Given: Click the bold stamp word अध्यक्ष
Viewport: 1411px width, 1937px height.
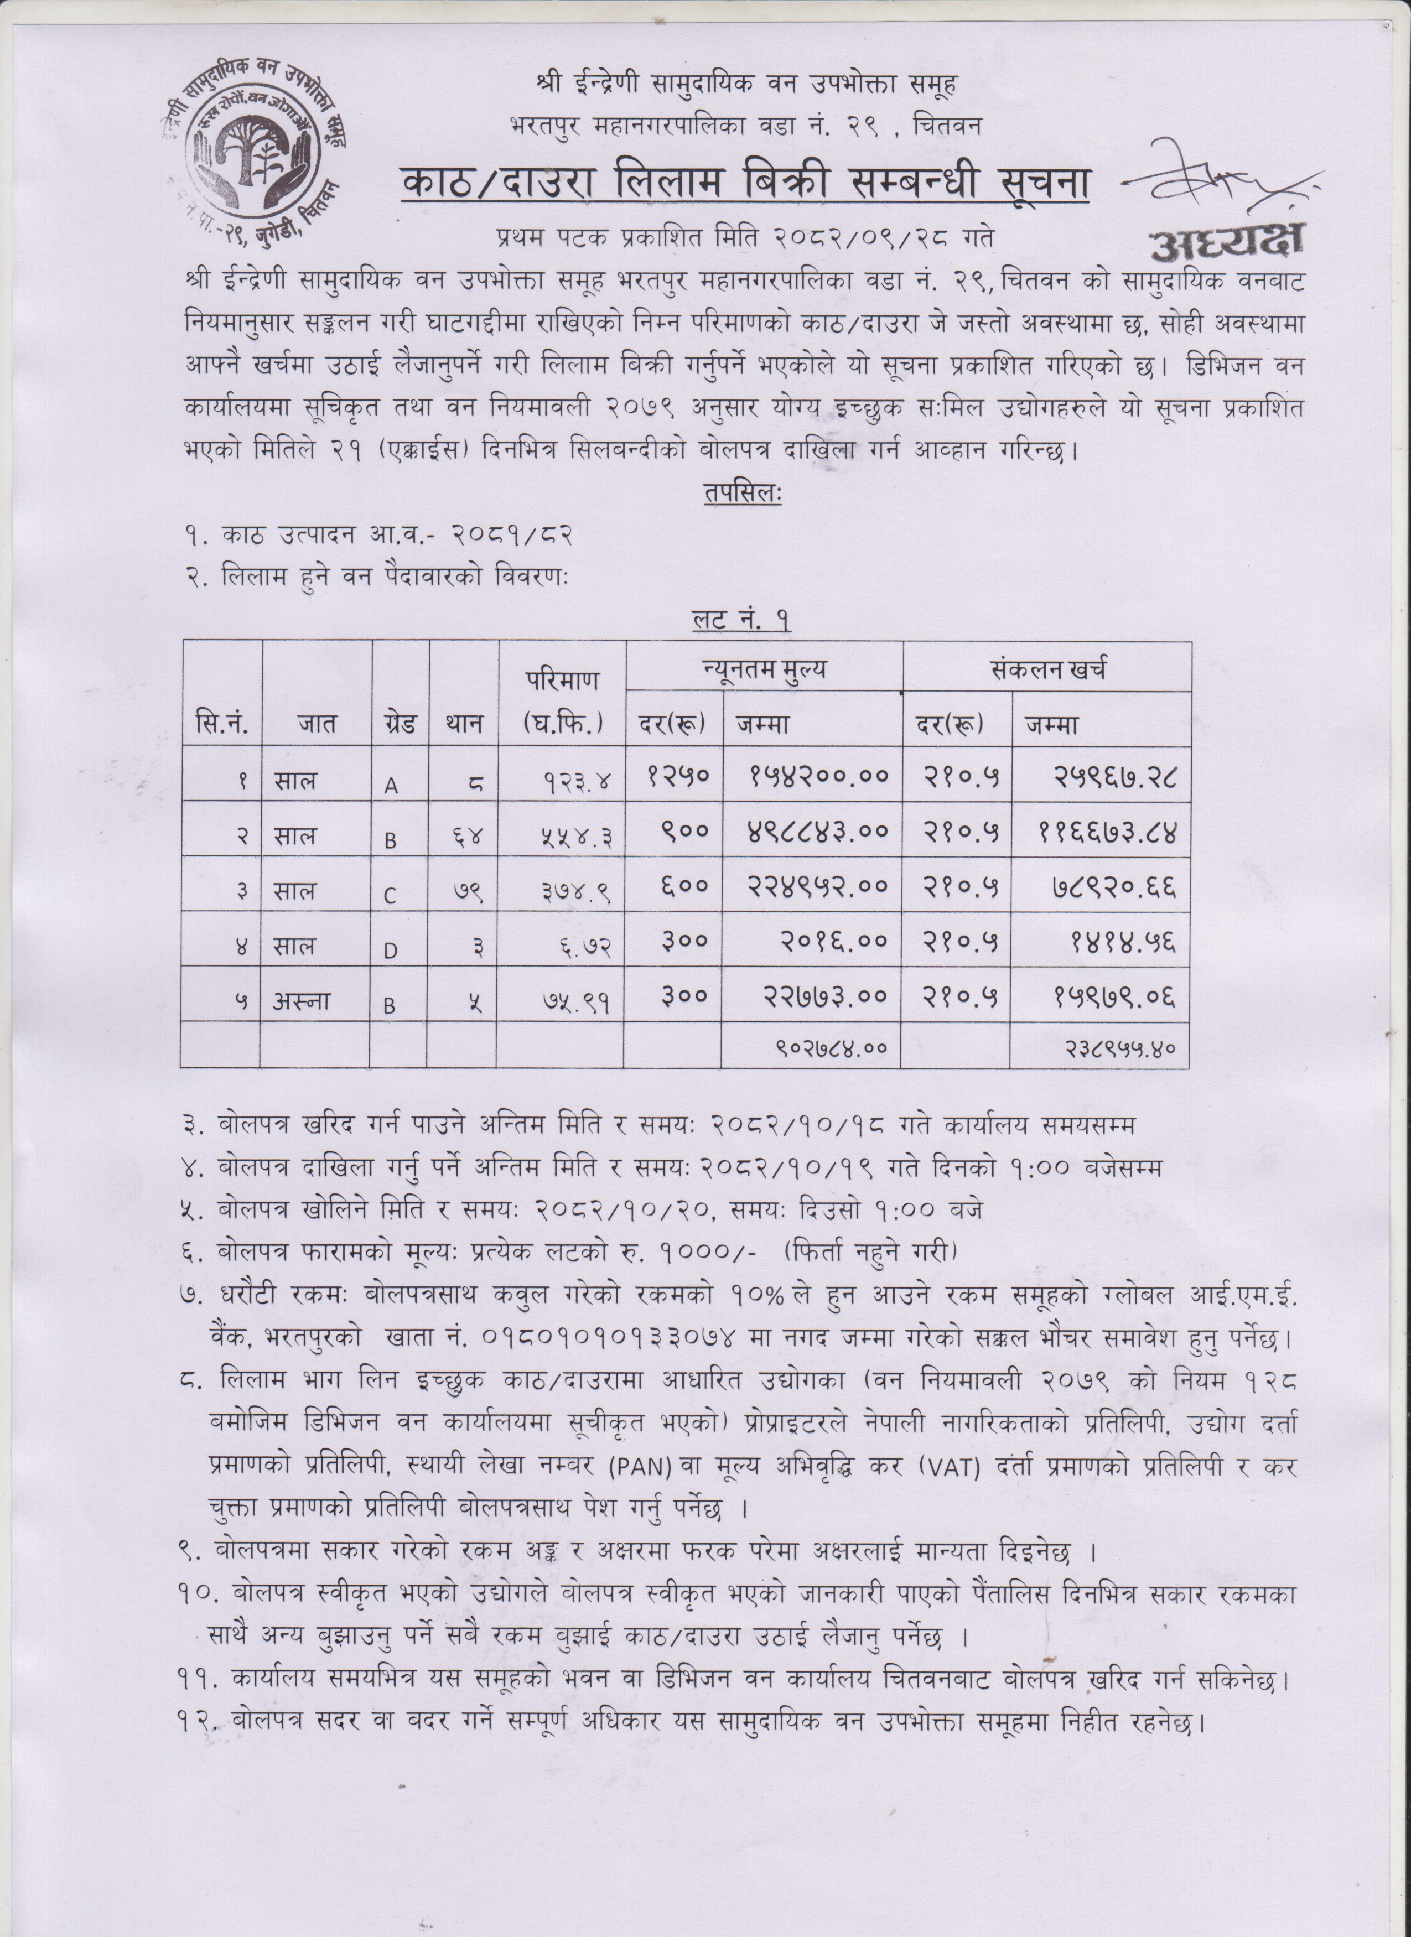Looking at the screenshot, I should point(1227,242).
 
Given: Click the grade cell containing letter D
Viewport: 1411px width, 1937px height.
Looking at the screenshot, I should point(390,951).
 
